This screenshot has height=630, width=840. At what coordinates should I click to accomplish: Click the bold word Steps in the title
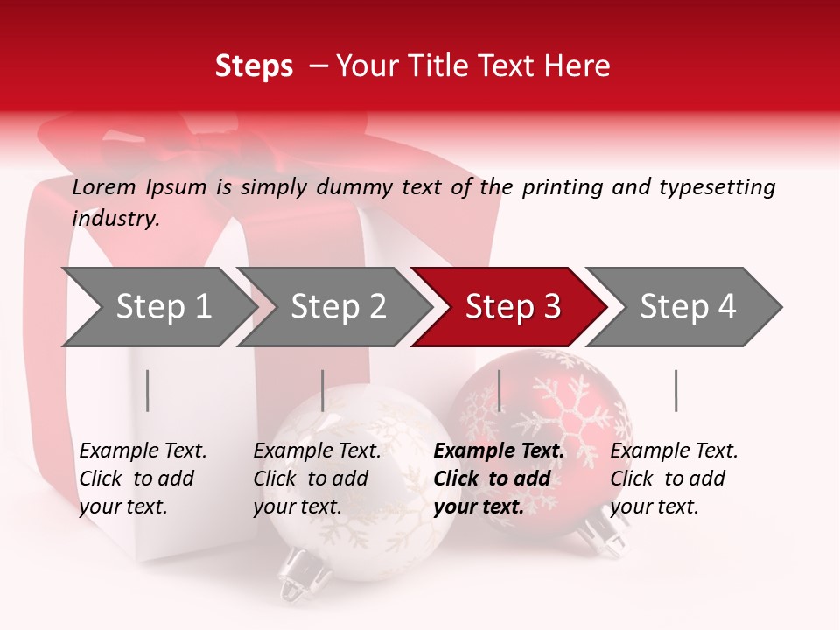click(254, 66)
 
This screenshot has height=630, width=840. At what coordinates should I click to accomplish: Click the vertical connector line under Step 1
click(148, 390)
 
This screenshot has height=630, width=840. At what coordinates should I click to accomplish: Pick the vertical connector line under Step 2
click(323, 390)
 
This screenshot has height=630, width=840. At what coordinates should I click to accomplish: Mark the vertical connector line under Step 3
click(499, 390)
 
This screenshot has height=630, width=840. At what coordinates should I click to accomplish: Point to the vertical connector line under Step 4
click(675, 390)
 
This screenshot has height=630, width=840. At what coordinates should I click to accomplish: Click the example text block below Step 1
click(143, 479)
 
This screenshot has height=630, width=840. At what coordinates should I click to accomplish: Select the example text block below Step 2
click(317, 479)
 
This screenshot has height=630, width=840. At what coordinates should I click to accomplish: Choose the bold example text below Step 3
click(499, 479)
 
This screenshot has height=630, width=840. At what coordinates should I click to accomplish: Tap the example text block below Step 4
click(674, 479)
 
